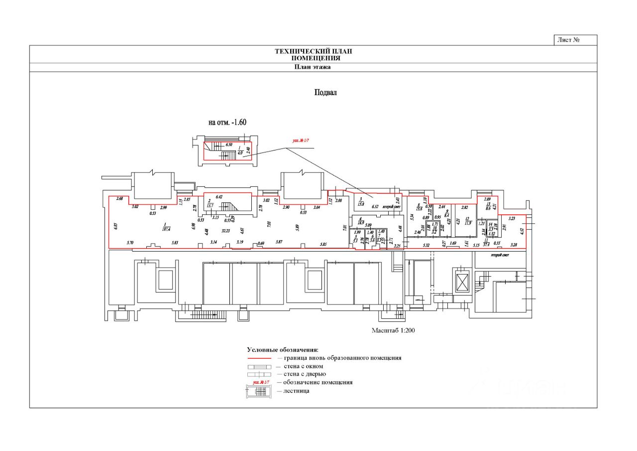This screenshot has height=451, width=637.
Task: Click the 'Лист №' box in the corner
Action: tap(575, 40)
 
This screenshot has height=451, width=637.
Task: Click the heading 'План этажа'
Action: tap(313, 67)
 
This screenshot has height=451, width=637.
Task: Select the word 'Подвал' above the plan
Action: tap(325, 93)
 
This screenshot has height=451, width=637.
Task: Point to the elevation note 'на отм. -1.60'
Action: tap(227, 122)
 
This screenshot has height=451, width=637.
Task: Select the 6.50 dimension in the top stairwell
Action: tap(229, 145)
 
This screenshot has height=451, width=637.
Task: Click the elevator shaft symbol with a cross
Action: tap(463, 282)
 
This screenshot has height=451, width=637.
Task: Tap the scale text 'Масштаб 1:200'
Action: tap(393, 330)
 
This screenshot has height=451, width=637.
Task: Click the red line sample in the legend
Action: tap(259, 358)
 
